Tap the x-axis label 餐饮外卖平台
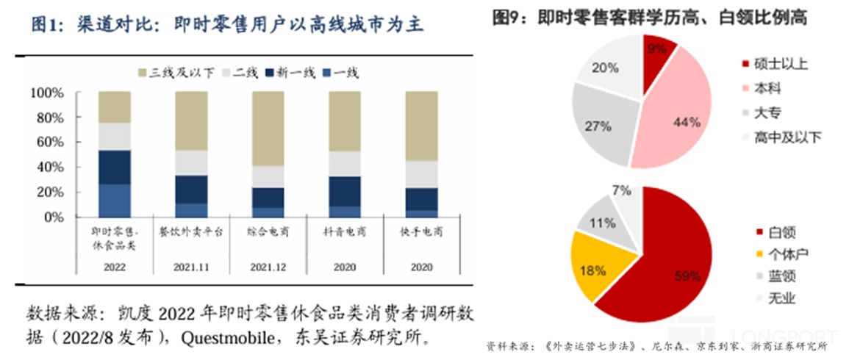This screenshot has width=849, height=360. click(190, 231)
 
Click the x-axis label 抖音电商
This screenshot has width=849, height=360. click(344, 231)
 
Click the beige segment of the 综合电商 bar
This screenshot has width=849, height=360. click(268, 129)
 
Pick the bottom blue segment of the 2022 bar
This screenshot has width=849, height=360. click(114, 201)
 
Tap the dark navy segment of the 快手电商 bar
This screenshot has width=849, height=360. click(421, 198)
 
